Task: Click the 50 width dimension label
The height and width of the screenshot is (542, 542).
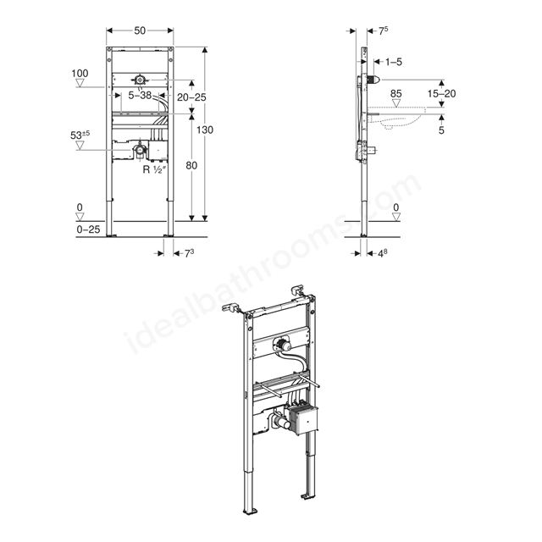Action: (x=140, y=30)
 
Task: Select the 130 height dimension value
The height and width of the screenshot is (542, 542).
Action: (x=205, y=130)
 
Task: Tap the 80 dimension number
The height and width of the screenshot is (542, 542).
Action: (x=191, y=166)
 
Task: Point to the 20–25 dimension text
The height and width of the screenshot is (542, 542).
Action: (x=191, y=97)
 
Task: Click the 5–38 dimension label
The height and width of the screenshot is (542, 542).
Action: (x=140, y=95)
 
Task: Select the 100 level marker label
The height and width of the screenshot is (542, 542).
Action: (x=80, y=74)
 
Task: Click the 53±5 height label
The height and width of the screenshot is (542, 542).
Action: (x=80, y=135)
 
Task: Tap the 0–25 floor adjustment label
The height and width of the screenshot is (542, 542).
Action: (x=88, y=230)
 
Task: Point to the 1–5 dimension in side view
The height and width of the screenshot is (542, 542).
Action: (x=394, y=62)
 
